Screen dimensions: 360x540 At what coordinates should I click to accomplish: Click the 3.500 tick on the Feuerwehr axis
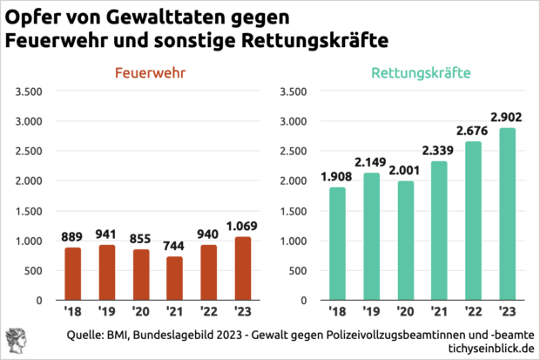pos(29,92)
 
